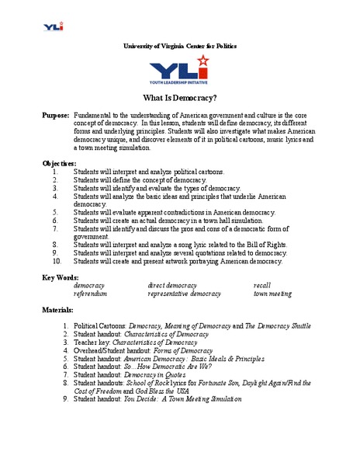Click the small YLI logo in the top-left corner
click(54, 26)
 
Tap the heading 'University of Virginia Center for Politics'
click(179, 46)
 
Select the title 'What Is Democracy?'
click(179, 99)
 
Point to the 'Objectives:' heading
click(59, 163)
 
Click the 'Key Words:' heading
click(59, 276)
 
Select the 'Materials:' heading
click(57, 309)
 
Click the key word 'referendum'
click(90, 294)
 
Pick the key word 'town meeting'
click(272, 294)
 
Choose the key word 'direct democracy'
click(172, 285)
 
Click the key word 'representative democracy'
click(184, 294)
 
